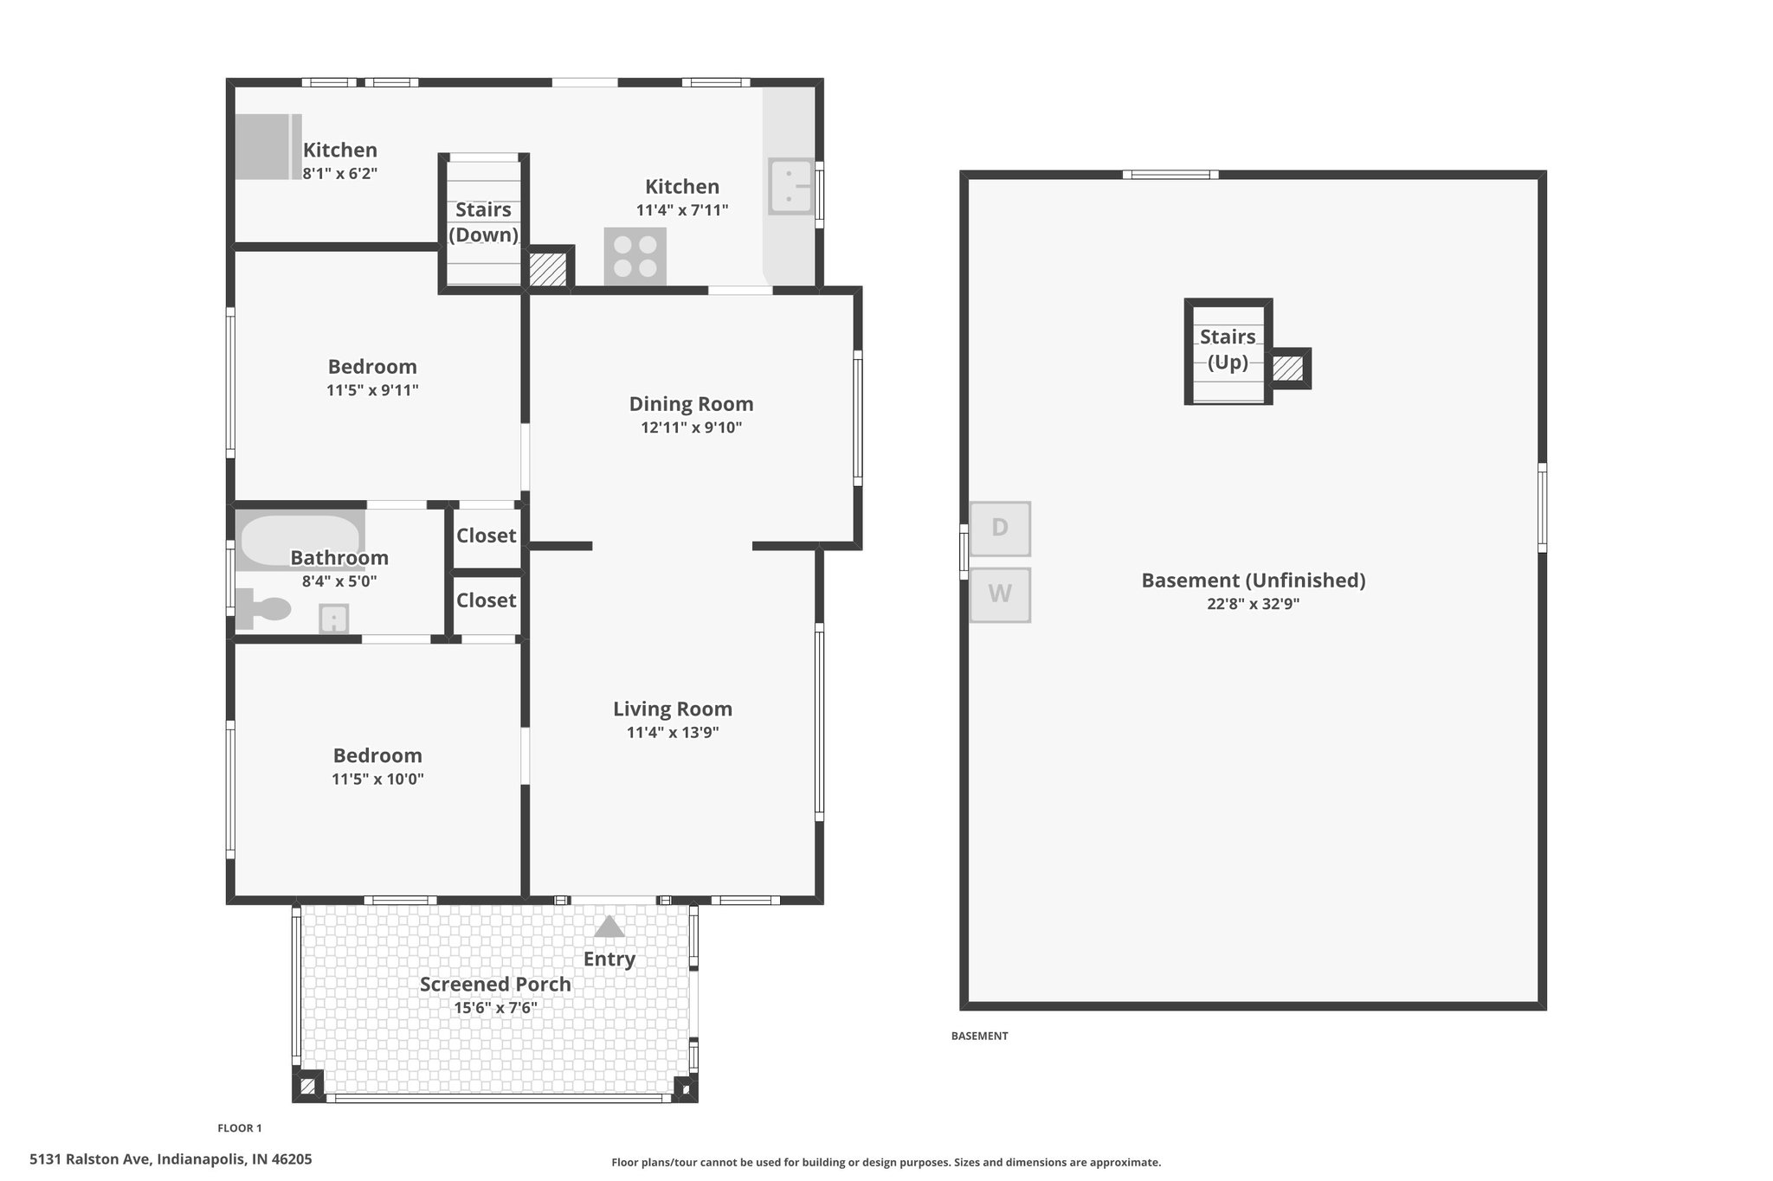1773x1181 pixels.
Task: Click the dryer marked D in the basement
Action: [x=1000, y=528]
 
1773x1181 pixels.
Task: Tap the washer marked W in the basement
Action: [x=1000, y=594]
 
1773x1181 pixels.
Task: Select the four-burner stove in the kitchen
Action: [x=635, y=256]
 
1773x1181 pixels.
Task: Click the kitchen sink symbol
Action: [x=790, y=185]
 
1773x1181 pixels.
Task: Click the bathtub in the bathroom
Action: [x=300, y=541]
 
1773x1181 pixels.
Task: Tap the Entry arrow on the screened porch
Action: [x=609, y=927]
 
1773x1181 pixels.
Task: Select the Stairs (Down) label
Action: [x=483, y=222]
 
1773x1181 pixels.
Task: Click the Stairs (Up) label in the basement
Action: [x=1228, y=349]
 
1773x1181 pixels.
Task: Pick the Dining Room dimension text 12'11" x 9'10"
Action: [x=692, y=427]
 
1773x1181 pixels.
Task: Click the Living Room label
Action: [x=673, y=709]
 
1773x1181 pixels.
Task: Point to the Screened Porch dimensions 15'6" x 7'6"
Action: [x=496, y=1008]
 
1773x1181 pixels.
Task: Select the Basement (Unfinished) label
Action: [x=1254, y=581]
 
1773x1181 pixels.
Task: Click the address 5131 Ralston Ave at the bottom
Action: [x=171, y=1159]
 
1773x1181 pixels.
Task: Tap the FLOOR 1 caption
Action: [x=240, y=1128]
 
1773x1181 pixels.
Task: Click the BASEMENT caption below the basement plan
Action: [x=980, y=1036]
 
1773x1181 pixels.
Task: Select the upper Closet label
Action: [x=487, y=536]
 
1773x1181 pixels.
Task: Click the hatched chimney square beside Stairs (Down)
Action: [x=547, y=269]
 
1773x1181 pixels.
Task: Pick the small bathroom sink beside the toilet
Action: [x=334, y=619]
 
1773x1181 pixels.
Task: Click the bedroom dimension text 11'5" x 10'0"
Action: [x=377, y=779]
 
